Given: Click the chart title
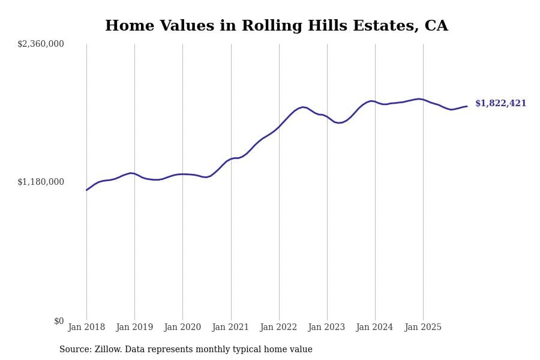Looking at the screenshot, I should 276,26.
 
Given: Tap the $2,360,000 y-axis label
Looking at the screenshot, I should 41,44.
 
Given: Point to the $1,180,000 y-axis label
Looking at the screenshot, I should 41,182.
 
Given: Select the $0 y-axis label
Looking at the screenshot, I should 59,321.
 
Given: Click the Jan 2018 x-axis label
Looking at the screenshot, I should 86,328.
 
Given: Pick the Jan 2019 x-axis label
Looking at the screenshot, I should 134,328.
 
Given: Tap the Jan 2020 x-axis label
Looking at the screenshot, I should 182,328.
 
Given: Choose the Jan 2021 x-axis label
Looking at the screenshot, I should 230,328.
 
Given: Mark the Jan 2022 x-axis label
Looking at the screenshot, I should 278,328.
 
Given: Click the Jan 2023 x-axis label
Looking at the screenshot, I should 326,328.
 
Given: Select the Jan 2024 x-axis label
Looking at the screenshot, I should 374,328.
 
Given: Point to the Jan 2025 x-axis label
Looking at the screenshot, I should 423,328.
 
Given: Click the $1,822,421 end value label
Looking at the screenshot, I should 500,104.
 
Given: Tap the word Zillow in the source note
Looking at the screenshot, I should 109,350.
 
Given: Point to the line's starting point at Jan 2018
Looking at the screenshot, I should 86,190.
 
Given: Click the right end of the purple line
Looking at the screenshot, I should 467,106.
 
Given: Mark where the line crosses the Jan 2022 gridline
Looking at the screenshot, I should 279,126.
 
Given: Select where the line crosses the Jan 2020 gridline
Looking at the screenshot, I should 182,174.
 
